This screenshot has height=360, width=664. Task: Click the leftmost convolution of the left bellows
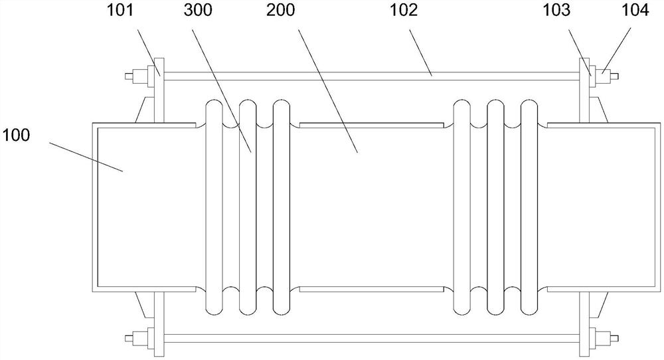coord(214,207)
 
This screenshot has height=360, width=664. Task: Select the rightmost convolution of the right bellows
coord(529,207)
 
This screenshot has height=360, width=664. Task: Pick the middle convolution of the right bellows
coord(495,207)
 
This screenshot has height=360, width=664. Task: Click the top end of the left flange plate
coord(158,63)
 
